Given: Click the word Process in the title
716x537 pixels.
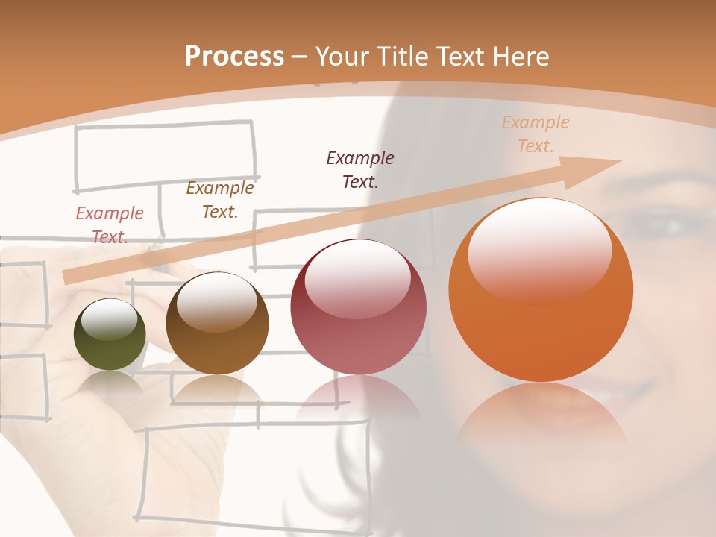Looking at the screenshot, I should (234, 57).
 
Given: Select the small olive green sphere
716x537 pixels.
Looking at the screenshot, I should (110, 335).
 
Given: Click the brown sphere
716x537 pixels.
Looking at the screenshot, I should (217, 324).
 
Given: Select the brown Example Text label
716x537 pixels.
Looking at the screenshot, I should (219, 200).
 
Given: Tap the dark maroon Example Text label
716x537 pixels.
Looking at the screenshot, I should (360, 169).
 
